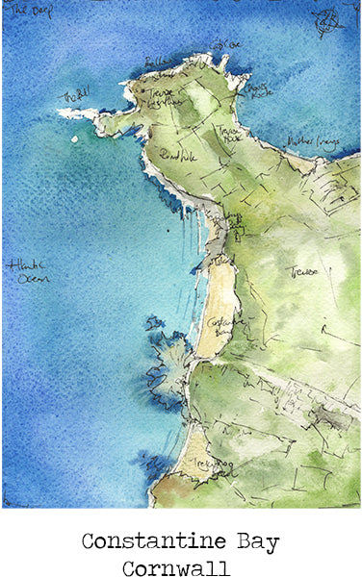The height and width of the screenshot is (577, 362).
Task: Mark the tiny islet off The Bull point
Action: pos(75,138)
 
